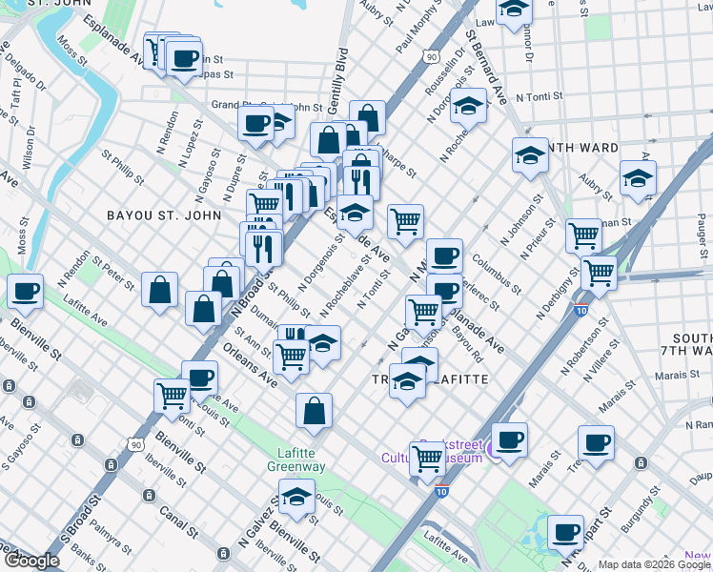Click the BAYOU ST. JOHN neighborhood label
pyautogui.click(x=161, y=215)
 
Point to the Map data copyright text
pyautogui.click(x=655, y=564)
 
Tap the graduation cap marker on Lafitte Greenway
pyautogui.click(x=296, y=498)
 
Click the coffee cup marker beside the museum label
pyautogui.click(x=510, y=439)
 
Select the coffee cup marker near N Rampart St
pyautogui.click(x=565, y=530)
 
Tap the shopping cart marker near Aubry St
pyautogui.click(x=583, y=235)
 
